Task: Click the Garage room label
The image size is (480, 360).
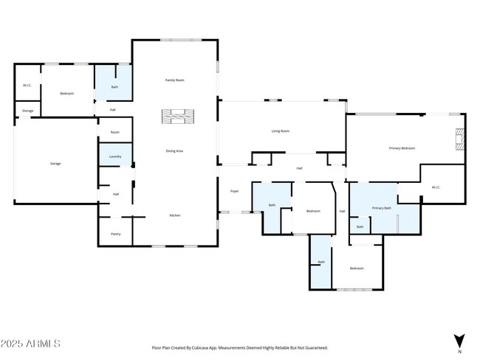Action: point(55,163)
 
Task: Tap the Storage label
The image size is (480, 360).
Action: point(27,111)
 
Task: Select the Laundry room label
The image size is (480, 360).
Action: point(115,156)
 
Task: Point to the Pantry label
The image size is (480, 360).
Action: point(115,234)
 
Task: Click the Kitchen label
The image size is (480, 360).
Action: point(175,215)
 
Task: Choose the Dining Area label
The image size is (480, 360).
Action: point(174,150)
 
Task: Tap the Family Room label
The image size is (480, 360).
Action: point(174,80)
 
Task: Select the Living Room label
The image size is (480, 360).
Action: point(280,131)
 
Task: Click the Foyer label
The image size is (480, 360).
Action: point(234,191)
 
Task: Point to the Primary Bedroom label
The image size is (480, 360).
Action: point(402,148)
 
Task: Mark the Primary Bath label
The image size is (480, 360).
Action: point(381,209)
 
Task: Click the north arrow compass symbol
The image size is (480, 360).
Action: point(459,341)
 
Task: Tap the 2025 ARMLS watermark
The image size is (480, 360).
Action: point(30,344)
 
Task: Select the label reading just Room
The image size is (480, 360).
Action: point(115,132)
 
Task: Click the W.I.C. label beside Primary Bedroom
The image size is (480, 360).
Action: point(436,187)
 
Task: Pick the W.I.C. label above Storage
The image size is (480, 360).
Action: point(27,86)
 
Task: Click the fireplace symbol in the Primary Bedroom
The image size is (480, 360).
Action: point(459,139)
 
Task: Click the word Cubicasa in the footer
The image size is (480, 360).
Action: point(211,347)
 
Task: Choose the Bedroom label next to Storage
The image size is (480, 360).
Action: point(67,94)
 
